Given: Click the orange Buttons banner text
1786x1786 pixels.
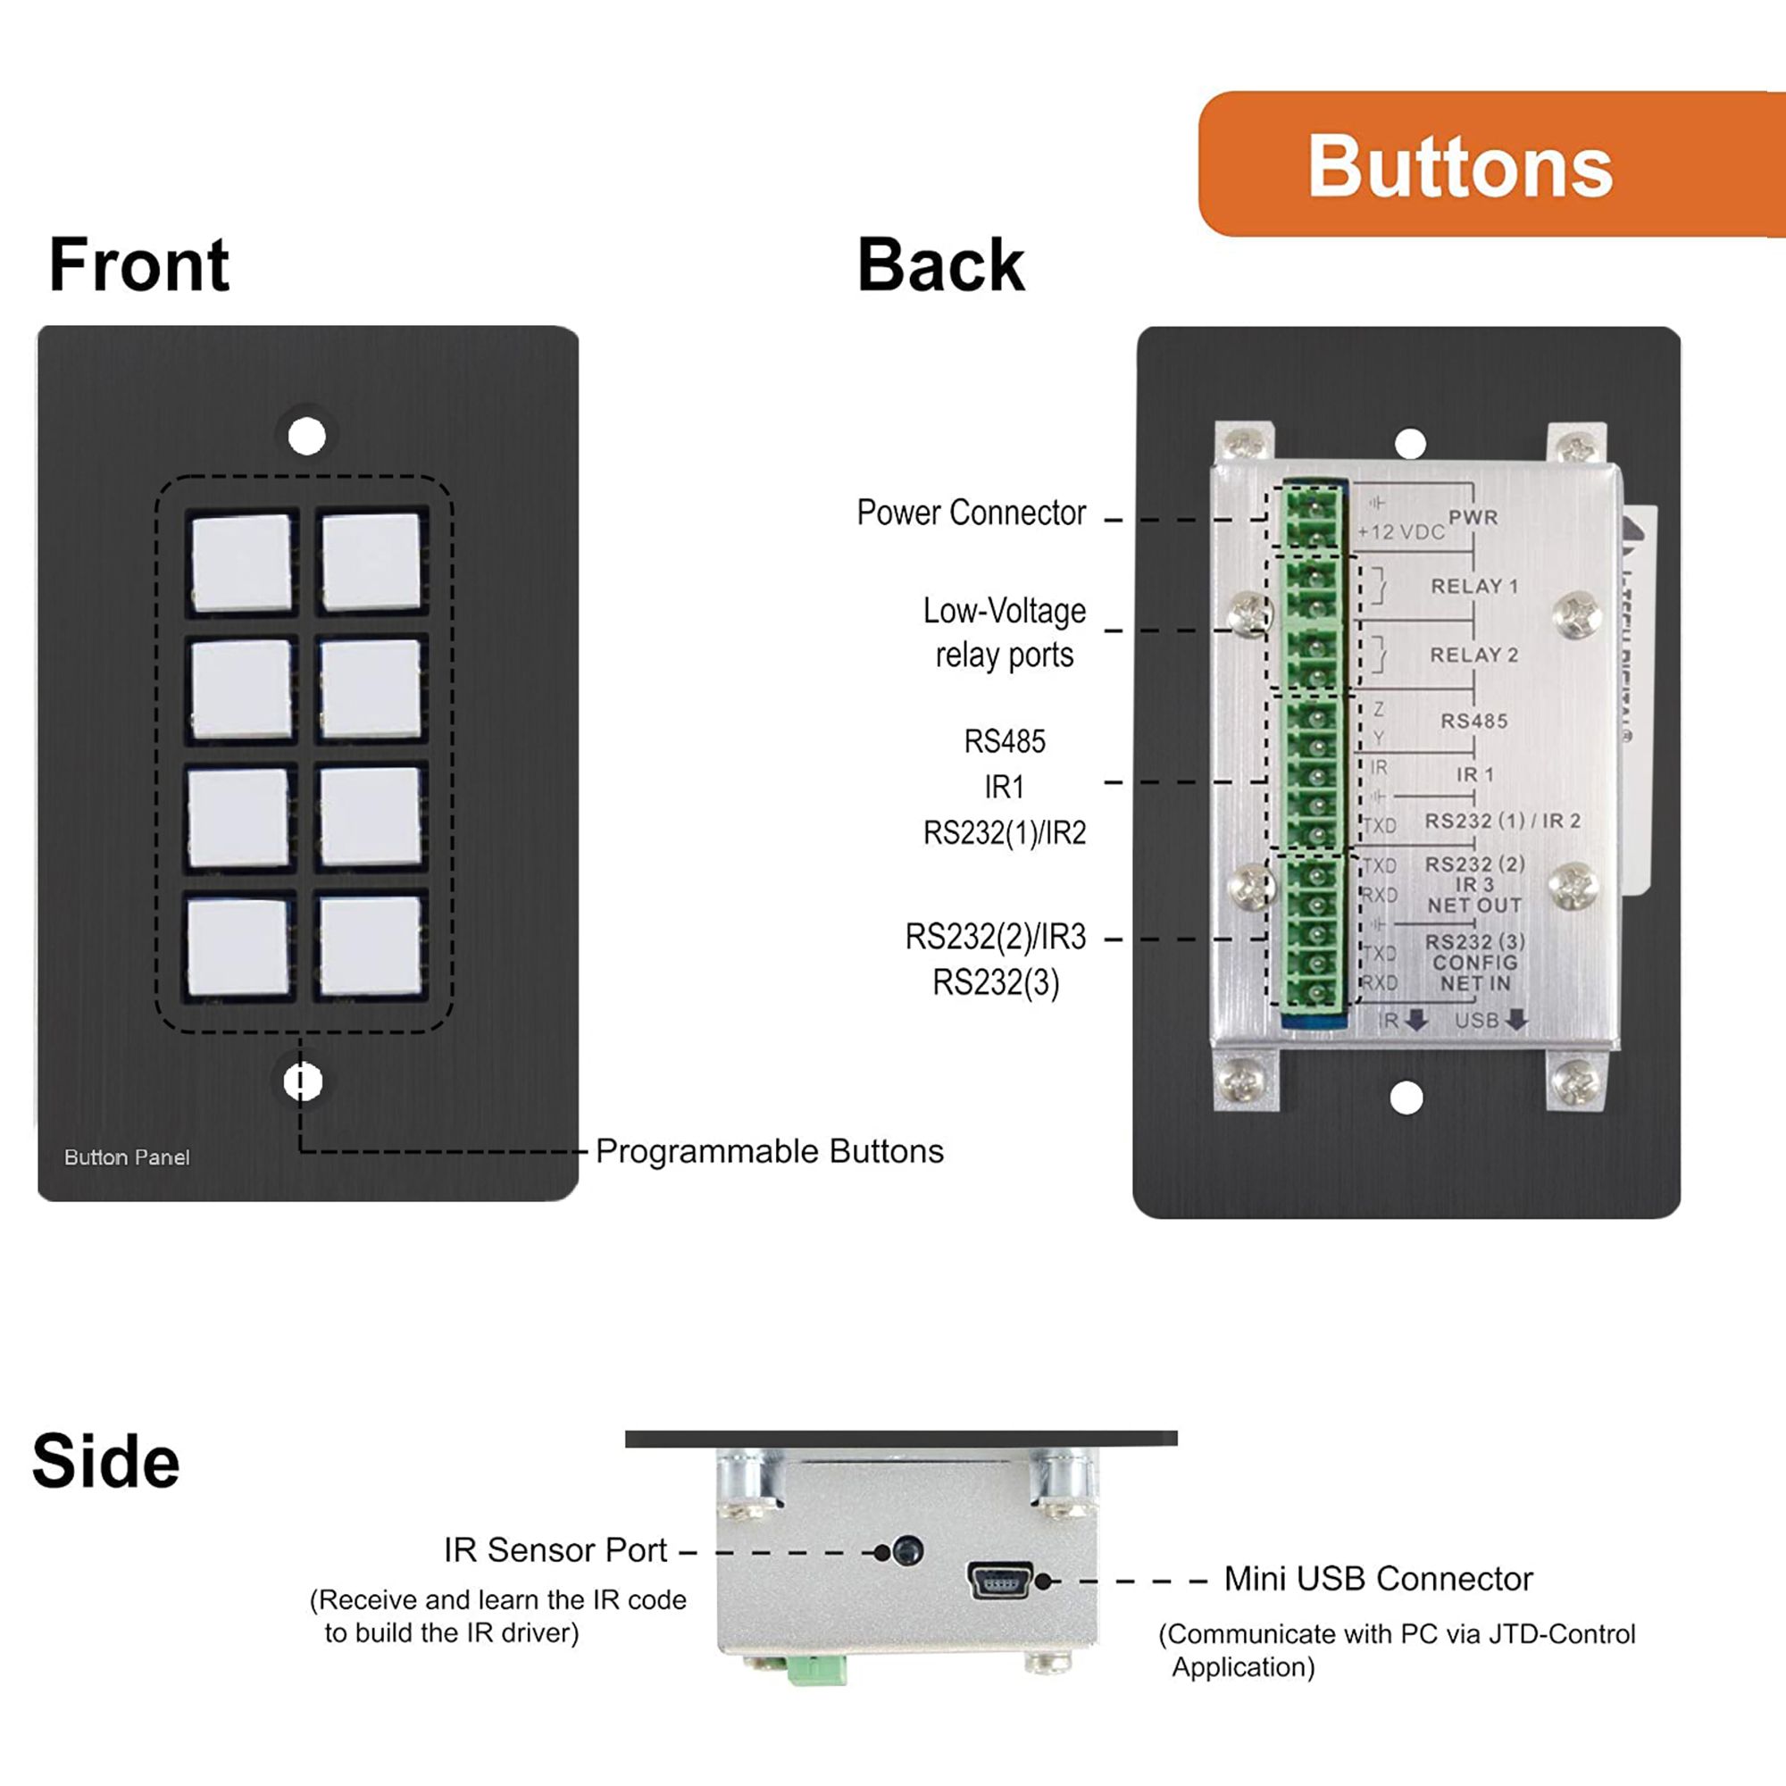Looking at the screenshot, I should click(x=1460, y=167).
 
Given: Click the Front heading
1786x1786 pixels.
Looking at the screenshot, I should click(x=138, y=265).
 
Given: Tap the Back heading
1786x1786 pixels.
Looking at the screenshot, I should click(x=940, y=265).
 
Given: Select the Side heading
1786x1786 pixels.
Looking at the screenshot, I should click(x=105, y=1462).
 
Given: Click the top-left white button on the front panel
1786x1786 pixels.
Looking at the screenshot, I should click(x=241, y=562).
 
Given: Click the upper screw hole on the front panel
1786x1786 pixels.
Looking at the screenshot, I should click(x=307, y=436).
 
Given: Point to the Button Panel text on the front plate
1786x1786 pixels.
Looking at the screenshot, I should click(x=127, y=1157).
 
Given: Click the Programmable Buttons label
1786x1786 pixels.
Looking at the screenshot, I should click(x=769, y=1151).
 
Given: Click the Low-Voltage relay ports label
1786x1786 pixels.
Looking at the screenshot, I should click(x=1004, y=632).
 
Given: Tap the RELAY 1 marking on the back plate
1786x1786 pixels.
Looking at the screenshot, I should click(x=1474, y=586).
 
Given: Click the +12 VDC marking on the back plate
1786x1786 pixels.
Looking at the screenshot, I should click(x=1400, y=532).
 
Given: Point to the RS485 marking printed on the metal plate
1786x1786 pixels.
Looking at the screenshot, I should click(x=1473, y=721).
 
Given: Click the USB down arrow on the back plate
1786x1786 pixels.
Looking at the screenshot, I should click(x=1516, y=1021).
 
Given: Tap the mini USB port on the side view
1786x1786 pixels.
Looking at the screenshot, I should click(x=999, y=1580).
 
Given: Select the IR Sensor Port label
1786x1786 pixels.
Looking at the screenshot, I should click(x=555, y=1550).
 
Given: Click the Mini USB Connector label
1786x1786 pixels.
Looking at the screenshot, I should click(x=1377, y=1579).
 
